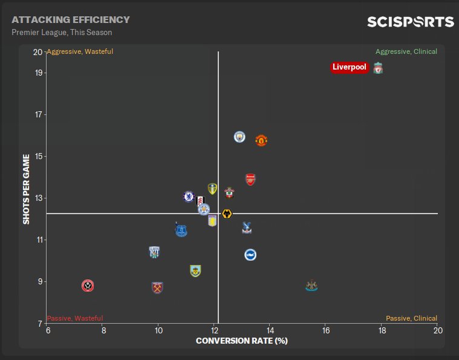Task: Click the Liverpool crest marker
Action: [378, 68]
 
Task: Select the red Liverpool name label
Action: [350, 67]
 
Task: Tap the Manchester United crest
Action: [261, 140]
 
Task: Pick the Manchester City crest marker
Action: [239, 137]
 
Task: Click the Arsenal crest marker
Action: [250, 179]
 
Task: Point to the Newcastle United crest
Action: [311, 286]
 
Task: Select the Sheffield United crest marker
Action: [88, 286]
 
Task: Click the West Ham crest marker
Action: [158, 287]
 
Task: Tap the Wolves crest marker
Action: [227, 214]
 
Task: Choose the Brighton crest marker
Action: [250, 255]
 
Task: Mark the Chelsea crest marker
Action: [189, 196]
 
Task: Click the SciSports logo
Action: [411, 22]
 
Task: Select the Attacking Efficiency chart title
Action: [71, 20]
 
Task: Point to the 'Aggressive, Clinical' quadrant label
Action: [406, 51]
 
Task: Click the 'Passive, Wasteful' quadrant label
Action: [75, 318]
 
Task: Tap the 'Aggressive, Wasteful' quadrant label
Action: [80, 51]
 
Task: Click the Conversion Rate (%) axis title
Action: [241, 341]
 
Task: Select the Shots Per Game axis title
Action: [26, 189]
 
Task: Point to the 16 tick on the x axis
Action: [326, 330]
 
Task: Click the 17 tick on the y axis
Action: [38, 114]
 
